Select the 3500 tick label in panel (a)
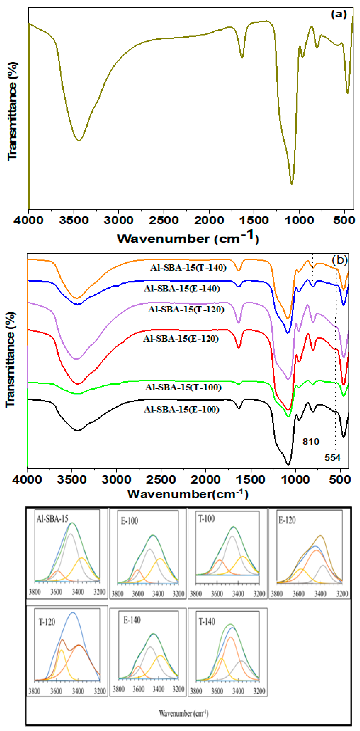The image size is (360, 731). (x=74, y=220)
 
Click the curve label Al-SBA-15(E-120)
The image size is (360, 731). (x=181, y=339)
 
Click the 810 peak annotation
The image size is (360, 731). (x=311, y=442)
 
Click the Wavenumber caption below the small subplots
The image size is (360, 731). (x=184, y=713)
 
